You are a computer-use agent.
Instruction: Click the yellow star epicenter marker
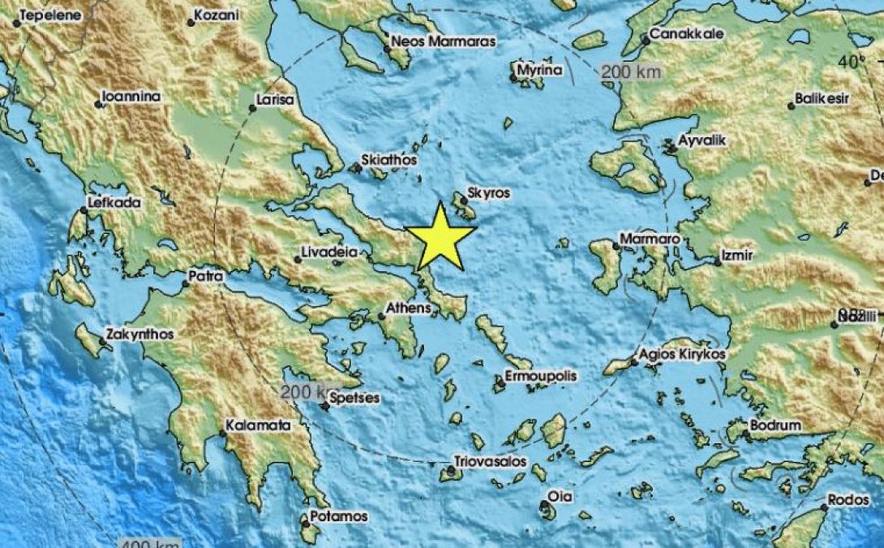point(440,238)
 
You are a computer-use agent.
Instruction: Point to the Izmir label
point(738,256)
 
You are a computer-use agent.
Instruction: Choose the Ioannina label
point(131,97)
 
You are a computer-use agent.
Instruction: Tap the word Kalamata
point(258,425)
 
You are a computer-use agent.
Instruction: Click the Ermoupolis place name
point(540,377)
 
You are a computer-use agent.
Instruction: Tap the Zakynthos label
point(139,334)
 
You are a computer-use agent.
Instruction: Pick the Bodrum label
point(775,425)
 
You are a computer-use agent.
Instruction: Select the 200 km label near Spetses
point(302,392)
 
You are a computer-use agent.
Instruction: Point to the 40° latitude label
point(852,62)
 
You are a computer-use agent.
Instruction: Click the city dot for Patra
point(186,283)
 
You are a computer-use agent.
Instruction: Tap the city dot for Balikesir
point(792,106)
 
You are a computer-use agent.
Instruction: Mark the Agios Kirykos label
point(682,355)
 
